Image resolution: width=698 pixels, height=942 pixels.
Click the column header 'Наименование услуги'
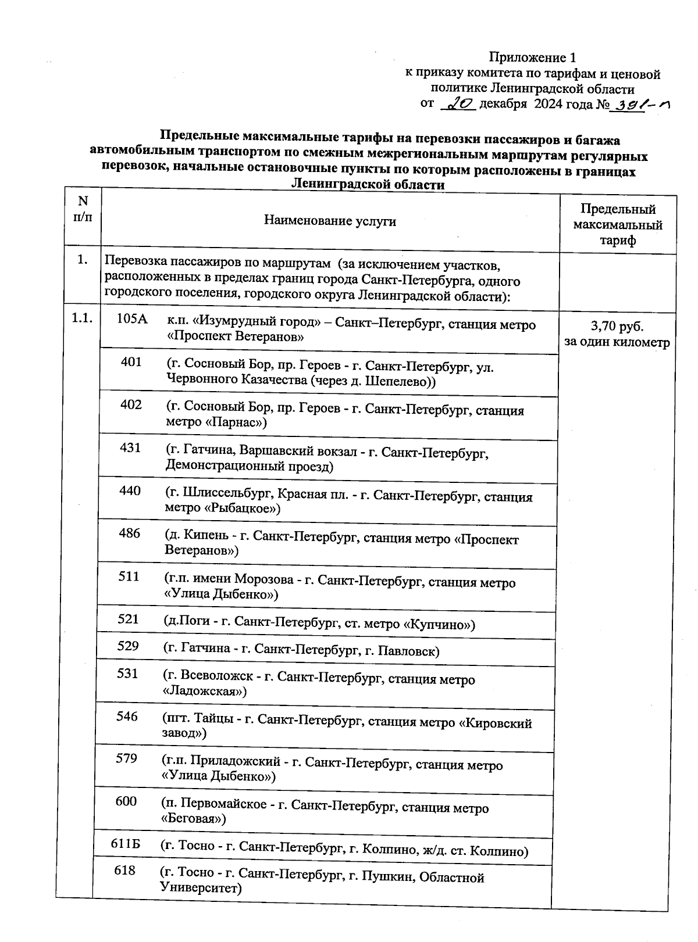pos(330,221)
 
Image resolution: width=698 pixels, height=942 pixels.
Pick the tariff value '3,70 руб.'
pos(617,326)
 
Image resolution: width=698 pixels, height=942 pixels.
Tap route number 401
pos(131,362)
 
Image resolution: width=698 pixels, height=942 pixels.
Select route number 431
pos(130,448)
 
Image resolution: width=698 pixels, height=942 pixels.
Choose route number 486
pos(129,533)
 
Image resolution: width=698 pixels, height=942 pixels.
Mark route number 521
pos(128,619)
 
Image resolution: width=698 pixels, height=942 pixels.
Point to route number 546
pos(127,717)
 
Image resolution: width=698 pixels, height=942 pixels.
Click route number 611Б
pos(126,844)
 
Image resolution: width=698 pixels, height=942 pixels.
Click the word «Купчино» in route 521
pos(439,625)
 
